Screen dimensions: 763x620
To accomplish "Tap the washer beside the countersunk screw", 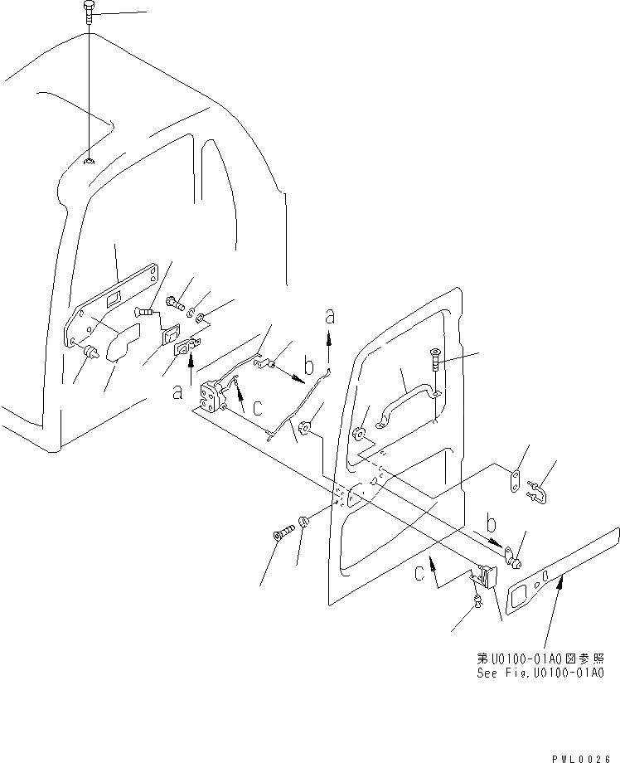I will [x=303, y=522].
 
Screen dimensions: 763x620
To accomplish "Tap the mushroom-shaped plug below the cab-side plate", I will [x=90, y=355].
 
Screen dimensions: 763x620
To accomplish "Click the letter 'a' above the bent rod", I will [x=331, y=316].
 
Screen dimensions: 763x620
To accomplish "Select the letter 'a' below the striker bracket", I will [x=177, y=392].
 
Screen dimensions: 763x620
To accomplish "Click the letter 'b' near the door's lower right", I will [x=492, y=524].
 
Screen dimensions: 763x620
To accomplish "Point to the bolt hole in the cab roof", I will [x=88, y=160].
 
